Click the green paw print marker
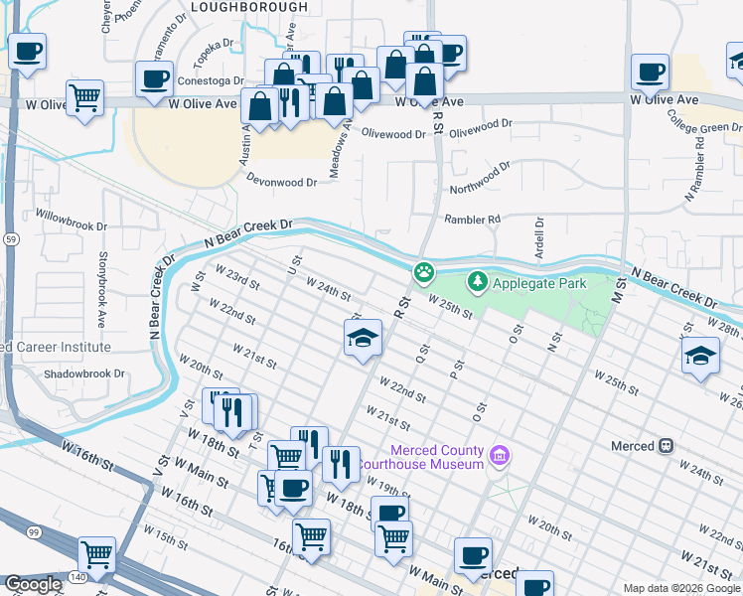(424, 271)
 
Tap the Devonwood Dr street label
(281, 182)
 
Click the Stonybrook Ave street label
(101, 290)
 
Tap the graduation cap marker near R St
(364, 338)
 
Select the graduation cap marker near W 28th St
(700, 355)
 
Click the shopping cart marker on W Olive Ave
(85, 97)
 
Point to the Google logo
(33, 584)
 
